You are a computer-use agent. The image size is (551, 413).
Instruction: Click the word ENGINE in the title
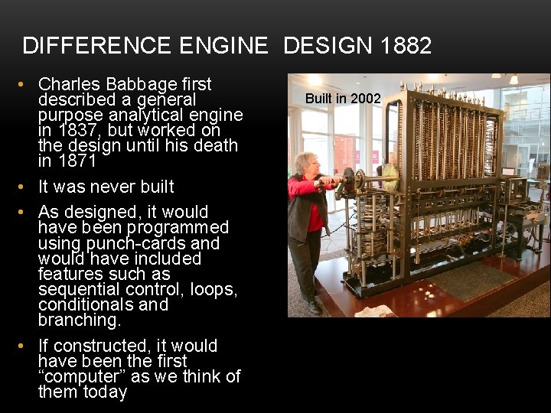coord(224,46)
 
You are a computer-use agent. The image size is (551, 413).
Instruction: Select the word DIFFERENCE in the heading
coord(98,46)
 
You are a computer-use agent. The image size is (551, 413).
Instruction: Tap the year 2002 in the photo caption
coord(366,98)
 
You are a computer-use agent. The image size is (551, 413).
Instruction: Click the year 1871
coord(78,161)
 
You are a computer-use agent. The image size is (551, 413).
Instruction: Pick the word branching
coord(80,320)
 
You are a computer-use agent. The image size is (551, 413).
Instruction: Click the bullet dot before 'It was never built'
coord(28,187)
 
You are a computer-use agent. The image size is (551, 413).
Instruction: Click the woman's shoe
coord(314,307)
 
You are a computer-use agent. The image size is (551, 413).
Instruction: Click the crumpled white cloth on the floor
coord(373,311)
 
